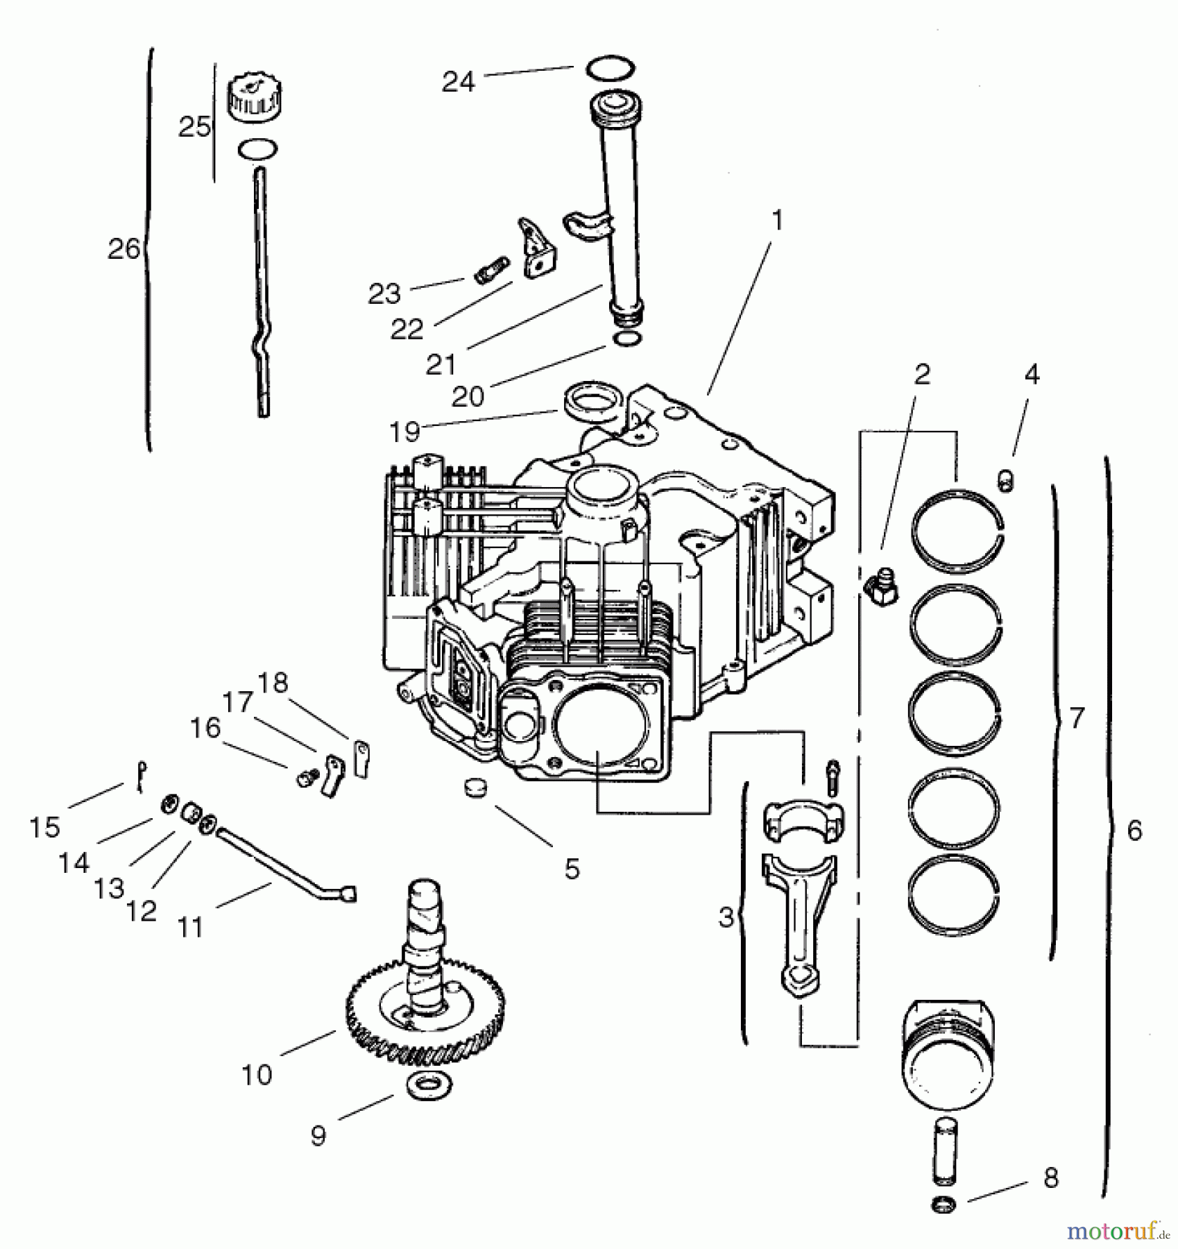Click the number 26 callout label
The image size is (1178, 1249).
tap(123, 249)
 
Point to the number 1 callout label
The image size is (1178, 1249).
tap(778, 221)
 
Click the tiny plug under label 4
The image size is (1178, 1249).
tap(1006, 479)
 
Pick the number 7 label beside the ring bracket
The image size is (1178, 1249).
tap(1076, 718)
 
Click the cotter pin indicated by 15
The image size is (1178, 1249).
tap(142, 776)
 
